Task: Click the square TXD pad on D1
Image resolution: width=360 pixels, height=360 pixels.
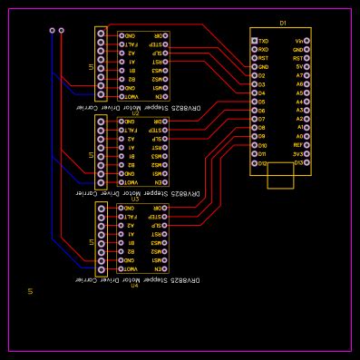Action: [x=255, y=41]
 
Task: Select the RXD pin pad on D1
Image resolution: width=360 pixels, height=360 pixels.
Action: [x=255, y=50]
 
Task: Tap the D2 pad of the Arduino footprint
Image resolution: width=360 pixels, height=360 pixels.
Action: [x=255, y=76]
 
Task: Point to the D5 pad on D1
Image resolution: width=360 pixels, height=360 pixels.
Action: [x=255, y=102]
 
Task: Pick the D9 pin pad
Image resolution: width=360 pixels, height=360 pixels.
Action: [x=255, y=137]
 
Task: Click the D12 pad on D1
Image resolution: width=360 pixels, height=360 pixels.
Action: [x=255, y=163]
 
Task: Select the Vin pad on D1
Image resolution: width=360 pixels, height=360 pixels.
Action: [x=306, y=41]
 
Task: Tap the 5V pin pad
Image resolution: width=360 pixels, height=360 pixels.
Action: [x=306, y=67]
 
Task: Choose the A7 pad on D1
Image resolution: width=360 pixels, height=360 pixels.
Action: [x=306, y=76]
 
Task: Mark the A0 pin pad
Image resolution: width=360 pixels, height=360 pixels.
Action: [x=306, y=137]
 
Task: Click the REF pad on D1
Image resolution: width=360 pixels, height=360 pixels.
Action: [x=306, y=145]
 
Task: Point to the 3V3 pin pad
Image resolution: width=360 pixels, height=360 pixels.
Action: [x=306, y=154]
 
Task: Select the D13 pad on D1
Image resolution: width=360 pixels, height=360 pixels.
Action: [x=306, y=163]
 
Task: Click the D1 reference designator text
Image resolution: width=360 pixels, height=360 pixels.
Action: [x=283, y=24]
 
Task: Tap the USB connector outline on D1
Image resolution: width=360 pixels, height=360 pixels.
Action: [x=280, y=176]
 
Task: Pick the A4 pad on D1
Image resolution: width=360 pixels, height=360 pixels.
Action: [x=306, y=102]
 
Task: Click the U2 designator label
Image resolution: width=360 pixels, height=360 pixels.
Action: [x=134, y=113]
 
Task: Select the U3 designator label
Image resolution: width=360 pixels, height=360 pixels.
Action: [x=134, y=199]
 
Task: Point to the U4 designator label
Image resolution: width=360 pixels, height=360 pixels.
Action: [x=134, y=286]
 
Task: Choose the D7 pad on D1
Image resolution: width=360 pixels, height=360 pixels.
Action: [x=255, y=120]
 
